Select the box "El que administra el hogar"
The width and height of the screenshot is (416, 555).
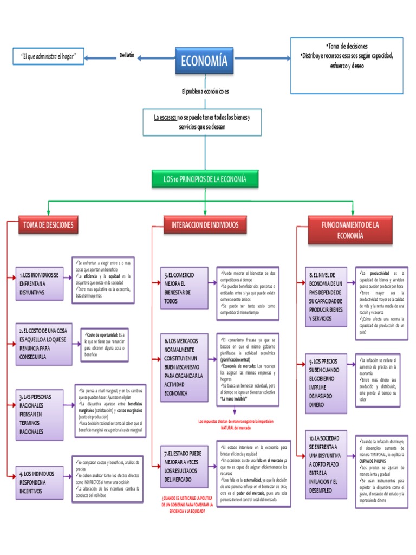point(48,56)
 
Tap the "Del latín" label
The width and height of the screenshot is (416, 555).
point(126,55)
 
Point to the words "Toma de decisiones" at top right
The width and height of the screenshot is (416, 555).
point(347,46)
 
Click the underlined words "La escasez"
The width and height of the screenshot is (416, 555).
point(165,118)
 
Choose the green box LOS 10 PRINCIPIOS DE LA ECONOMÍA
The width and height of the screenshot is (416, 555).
point(204,179)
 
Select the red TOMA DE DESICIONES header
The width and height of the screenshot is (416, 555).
point(48,224)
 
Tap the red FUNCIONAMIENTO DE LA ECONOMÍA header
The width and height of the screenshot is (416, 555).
point(350,229)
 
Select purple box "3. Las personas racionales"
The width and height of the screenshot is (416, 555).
point(39,414)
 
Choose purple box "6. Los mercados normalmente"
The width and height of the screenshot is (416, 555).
point(184,367)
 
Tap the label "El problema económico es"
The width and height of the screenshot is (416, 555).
point(205,92)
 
